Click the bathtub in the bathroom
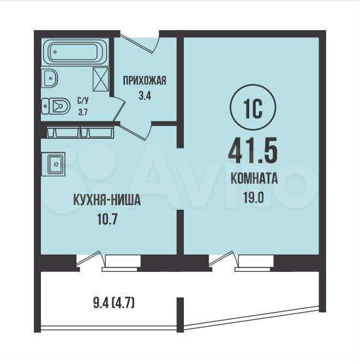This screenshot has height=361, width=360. point(75,52)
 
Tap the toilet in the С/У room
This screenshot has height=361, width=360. point(56,106)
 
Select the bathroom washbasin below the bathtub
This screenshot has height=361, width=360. point(49,78)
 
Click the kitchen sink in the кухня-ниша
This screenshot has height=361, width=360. point(54,164)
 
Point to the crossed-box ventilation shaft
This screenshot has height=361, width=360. point(101,79)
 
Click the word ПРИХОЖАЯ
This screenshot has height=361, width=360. point(145,81)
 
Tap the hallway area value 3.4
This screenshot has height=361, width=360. point(145,96)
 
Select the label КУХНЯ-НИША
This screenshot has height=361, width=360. point(107,200)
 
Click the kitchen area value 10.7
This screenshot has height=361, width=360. point(107,220)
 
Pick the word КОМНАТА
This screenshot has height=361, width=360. point(254,179)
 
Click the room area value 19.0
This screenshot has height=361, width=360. point(254,198)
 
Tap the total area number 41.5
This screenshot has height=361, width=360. point(253,150)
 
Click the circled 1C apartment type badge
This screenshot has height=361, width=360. point(253,108)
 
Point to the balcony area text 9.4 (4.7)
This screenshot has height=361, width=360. point(114,304)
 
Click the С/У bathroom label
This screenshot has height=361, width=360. point(83,100)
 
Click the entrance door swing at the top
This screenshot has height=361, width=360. point(138,43)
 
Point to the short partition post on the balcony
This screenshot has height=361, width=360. point(180,315)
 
